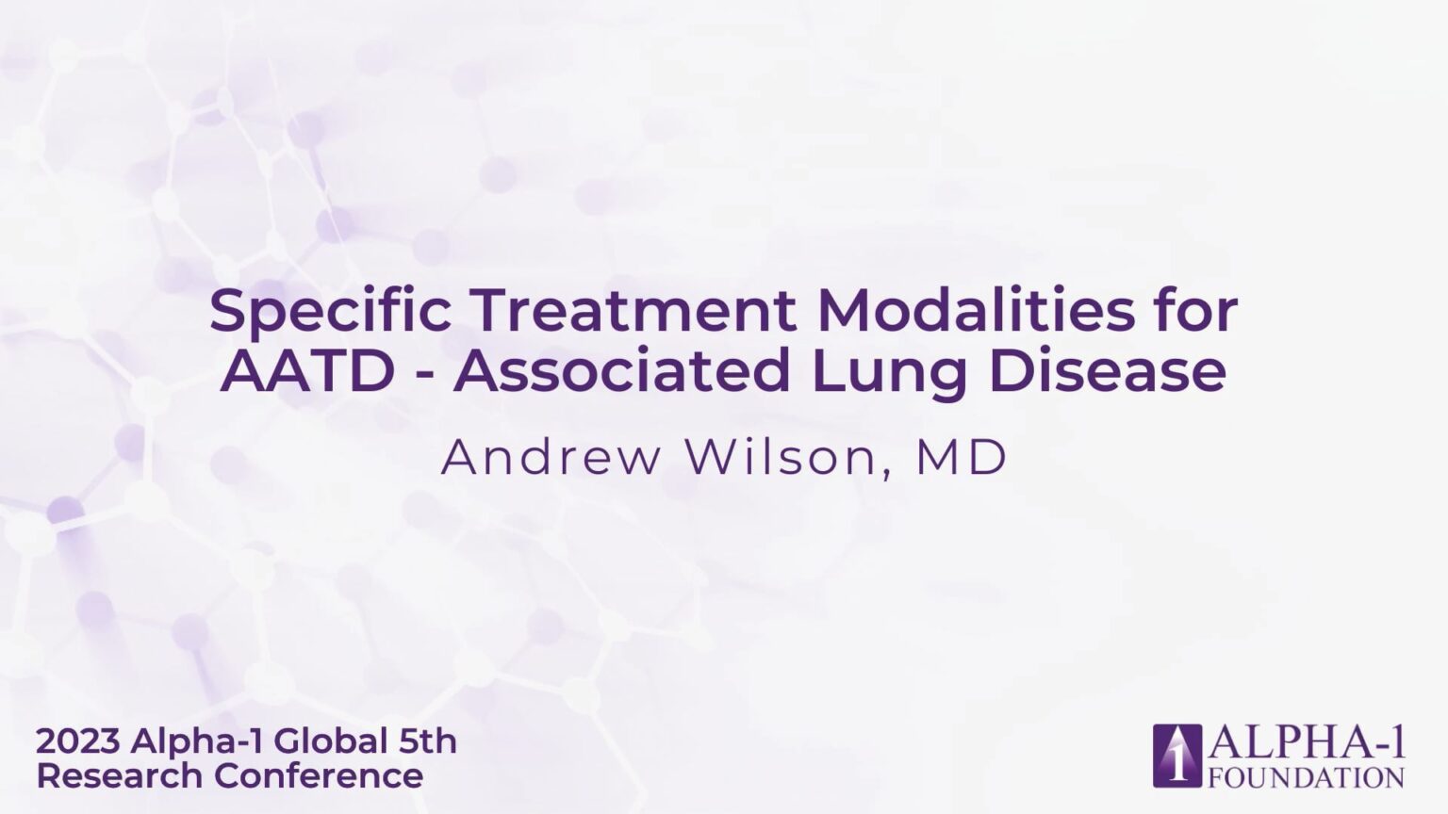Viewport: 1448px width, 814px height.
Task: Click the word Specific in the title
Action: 330,312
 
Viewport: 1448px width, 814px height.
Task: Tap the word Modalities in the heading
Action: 976,311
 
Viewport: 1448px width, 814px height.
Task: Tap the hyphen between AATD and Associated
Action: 424,376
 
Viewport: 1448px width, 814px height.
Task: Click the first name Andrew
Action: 551,457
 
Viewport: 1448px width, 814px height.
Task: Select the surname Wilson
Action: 782,457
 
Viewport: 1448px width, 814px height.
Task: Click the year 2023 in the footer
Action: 77,741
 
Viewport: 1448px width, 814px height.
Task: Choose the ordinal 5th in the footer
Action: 428,741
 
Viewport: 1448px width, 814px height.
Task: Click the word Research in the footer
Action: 121,776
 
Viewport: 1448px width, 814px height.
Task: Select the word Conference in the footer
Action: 320,776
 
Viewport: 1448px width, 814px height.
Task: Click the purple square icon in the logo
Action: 1177,756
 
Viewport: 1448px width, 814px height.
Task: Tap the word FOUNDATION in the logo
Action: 1307,777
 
